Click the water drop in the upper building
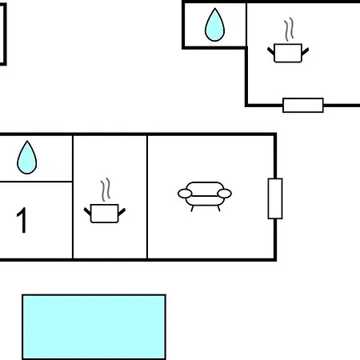click(x=214, y=26)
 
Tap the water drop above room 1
click(x=27, y=158)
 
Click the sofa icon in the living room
click(x=205, y=197)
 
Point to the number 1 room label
click(x=22, y=220)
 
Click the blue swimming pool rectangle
click(x=94, y=327)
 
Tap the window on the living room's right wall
click(x=275, y=198)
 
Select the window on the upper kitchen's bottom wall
click(x=303, y=106)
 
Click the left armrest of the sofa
click(x=185, y=194)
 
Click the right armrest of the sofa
click(x=224, y=194)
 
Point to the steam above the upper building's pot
click(x=289, y=30)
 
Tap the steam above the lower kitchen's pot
click(x=106, y=190)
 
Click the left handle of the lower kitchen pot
click(x=87, y=211)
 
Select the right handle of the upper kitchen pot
click(x=306, y=51)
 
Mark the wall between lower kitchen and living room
click(x=147, y=197)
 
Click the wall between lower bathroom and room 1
click(x=36, y=182)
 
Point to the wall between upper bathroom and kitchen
click(x=246, y=25)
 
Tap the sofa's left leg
click(x=192, y=209)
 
